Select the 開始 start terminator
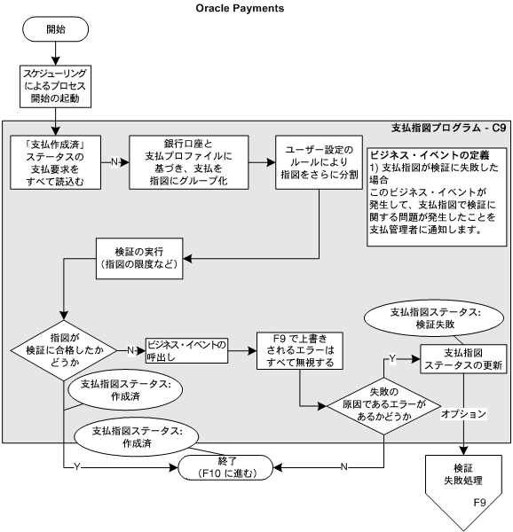[x=55, y=29]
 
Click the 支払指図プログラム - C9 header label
[x=448, y=129]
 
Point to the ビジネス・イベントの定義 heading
[x=416, y=154]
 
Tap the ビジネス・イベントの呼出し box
[x=186, y=348]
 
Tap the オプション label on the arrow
[x=464, y=413]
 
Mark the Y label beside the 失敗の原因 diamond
[x=391, y=359]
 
